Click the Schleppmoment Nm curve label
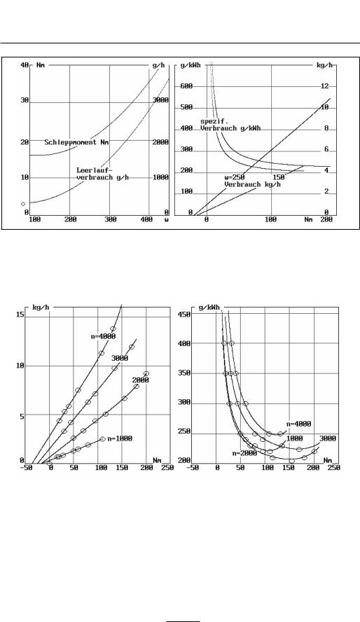coord(76,142)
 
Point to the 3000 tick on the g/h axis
coord(161,100)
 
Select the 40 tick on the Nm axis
coord(25,65)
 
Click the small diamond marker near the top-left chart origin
coord(23,204)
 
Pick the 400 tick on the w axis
coord(146,219)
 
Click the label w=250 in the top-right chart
coord(235,178)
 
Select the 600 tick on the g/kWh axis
coord(186,86)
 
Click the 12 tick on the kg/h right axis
coord(325,86)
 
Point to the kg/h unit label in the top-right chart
coord(325,65)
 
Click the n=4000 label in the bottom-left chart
coord(103,336)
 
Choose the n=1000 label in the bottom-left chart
coord(120,438)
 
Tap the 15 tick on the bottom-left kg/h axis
coord(20,315)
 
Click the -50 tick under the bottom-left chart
coord(26,468)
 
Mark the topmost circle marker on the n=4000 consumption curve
coord(113,329)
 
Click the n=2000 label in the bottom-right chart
coord(244,453)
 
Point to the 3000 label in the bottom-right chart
coord(328,438)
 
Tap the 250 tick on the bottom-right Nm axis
coord(334,468)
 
